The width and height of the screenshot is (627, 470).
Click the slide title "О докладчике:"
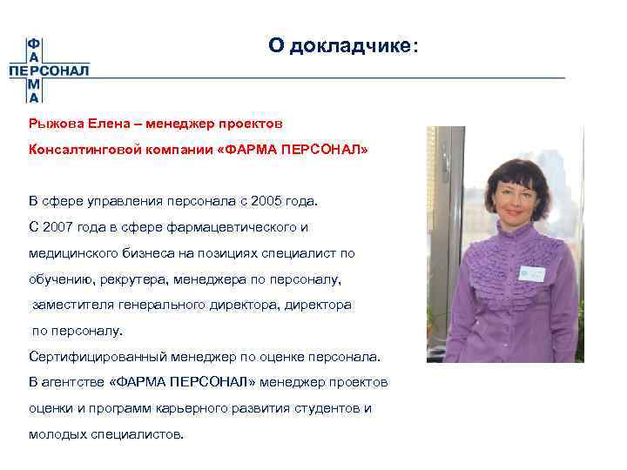pos(343,45)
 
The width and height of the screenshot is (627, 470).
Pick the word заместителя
pos(68,305)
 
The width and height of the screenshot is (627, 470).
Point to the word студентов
pos(331,408)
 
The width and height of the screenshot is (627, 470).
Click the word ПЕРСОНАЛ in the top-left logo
pos(50,70)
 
